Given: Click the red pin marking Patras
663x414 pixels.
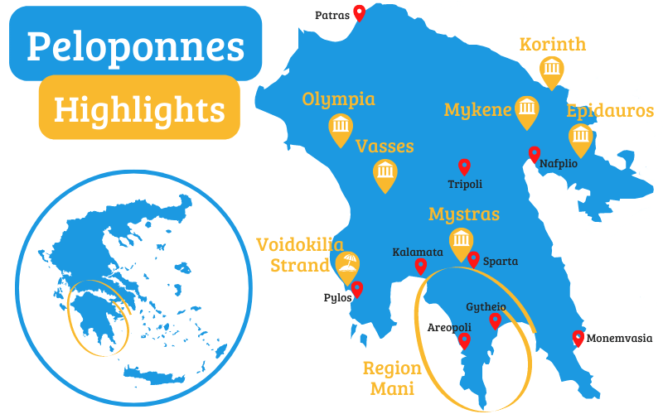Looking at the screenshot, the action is (359, 12).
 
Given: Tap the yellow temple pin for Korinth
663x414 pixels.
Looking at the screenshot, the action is (552, 70).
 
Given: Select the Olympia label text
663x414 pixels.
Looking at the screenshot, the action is (338, 99).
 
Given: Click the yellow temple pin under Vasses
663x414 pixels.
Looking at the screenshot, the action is (385, 173).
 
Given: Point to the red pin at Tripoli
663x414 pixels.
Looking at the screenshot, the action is (464, 166).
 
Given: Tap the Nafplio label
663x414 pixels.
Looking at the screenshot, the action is (559, 164).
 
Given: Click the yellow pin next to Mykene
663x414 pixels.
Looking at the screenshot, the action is (526, 110).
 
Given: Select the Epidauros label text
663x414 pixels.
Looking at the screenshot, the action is (610, 111).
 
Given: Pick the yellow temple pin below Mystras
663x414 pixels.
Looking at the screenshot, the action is (461, 242).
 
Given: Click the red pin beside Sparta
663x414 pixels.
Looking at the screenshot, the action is (473, 259).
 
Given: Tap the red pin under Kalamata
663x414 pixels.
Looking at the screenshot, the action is (420, 266).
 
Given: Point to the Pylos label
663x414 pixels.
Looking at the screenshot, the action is (336, 298).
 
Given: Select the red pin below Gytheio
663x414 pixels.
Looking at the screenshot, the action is (496, 320).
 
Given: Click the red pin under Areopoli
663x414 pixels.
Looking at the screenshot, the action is (464, 339).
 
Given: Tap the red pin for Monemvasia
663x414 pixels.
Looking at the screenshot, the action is (578, 338).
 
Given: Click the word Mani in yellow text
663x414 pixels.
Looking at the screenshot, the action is (392, 388).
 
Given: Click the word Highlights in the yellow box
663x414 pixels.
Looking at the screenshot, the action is (139, 108).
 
